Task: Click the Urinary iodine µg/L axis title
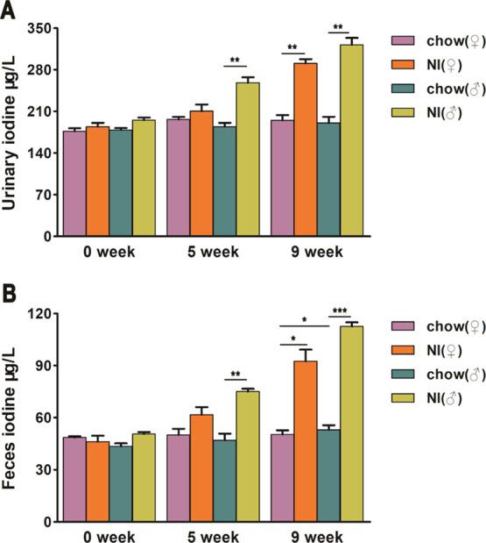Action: tap(11, 132)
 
